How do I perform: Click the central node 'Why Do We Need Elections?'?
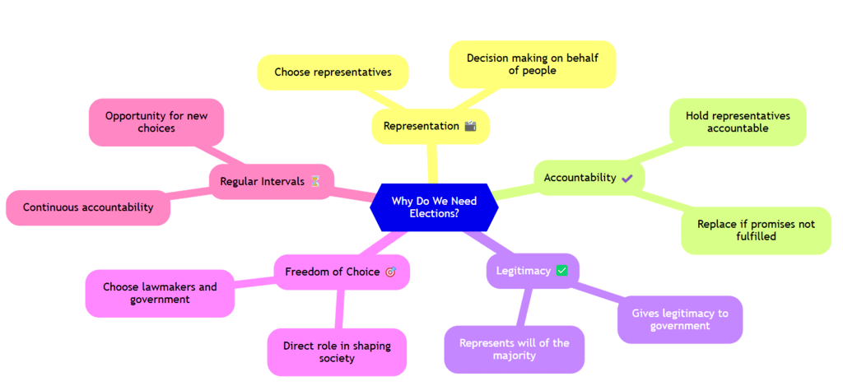point(434,207)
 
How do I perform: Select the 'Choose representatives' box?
point(333,72)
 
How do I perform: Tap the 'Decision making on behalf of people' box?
point(532,64)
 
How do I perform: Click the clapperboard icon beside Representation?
point(471,126)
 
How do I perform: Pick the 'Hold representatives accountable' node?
point(738,122)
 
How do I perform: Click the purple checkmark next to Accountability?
point(627,178)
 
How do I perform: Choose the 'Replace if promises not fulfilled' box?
point(756,230)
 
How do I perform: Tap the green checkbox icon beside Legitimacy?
point(562,270)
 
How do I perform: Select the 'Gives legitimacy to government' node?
point(680,319)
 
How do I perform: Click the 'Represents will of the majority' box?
point(514,349)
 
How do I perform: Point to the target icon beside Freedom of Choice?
point(390,272)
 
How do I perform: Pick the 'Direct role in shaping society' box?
point(337,351)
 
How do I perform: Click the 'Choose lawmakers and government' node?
point(160,293)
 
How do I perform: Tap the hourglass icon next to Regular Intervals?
point(314,181)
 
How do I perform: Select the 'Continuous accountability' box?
point(88,207)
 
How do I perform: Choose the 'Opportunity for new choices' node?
point(156,122)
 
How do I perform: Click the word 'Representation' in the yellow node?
point(421,126)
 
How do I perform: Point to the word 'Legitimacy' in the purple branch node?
point(523,270)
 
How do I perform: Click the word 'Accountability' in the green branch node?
point(580,178)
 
